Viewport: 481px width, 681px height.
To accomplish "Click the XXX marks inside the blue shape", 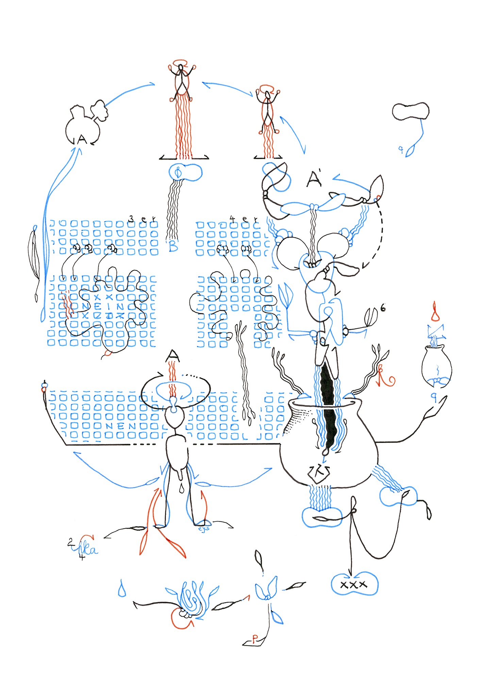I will [x=354, y=585].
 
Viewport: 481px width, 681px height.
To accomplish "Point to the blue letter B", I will [x=173, y=246].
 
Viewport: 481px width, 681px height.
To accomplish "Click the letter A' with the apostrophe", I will [x=315, y=179].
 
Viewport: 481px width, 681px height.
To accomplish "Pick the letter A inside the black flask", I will [x=82, y=139].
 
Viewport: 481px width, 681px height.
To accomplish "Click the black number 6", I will [x=383, y=308].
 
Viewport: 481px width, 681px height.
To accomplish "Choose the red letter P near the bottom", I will [x=255, y=638].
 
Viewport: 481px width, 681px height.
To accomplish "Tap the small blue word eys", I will [x=204, y=529].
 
